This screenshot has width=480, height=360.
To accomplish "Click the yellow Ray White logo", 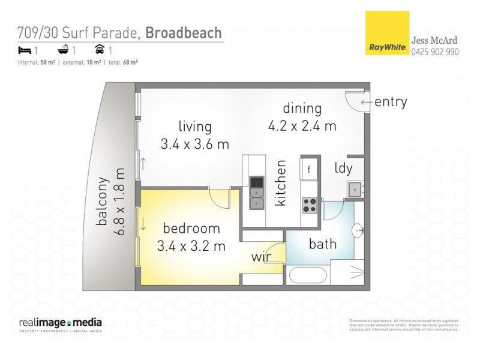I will click(388, 34).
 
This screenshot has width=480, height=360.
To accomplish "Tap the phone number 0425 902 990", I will click(435, 52).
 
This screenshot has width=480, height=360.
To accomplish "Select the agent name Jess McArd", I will click(434, 40).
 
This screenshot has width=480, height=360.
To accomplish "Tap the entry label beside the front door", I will click(390, 102).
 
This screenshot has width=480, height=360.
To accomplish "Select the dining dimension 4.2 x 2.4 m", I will click(302, 126).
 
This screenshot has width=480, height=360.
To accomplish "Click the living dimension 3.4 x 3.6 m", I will click(195, 144).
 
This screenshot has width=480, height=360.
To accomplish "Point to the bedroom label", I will click(191, 229).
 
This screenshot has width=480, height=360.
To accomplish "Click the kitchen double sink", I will click(256, 193).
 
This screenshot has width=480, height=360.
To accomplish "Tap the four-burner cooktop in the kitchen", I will click(310, 205).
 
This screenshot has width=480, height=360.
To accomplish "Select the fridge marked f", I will click(309, 169).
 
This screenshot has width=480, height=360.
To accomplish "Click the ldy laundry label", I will click(343, 168).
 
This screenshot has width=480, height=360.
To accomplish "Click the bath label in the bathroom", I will click(322, 244).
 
